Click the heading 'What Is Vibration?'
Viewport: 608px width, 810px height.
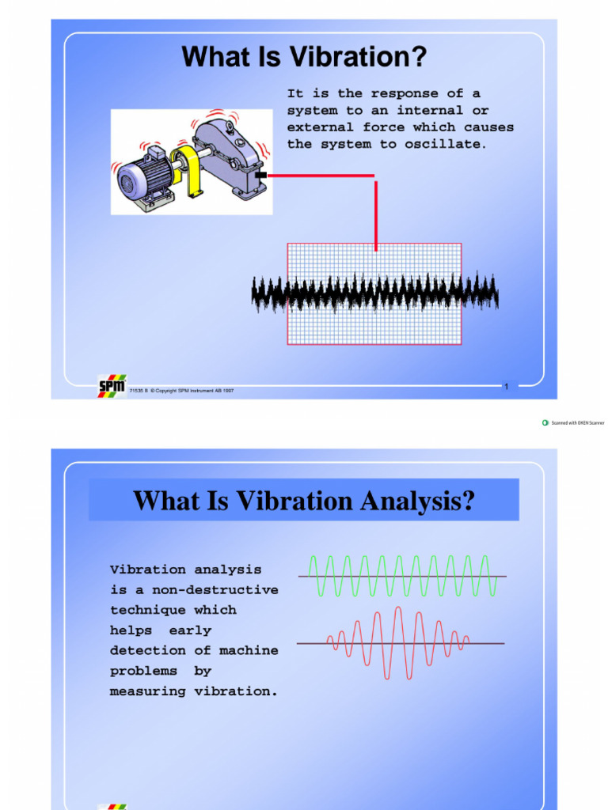pos(304,57)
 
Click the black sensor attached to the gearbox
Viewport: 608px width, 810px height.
pos(261,175)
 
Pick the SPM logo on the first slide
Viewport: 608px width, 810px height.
pos(111,386)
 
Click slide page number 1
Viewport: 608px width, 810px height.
pos(506,386)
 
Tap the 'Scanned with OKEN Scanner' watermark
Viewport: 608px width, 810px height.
pos(573,423)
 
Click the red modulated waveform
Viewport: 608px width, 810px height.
pos(399,642)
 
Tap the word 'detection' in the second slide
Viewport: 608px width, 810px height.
pos(148,650)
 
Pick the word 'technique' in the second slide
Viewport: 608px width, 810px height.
pos(148,610)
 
